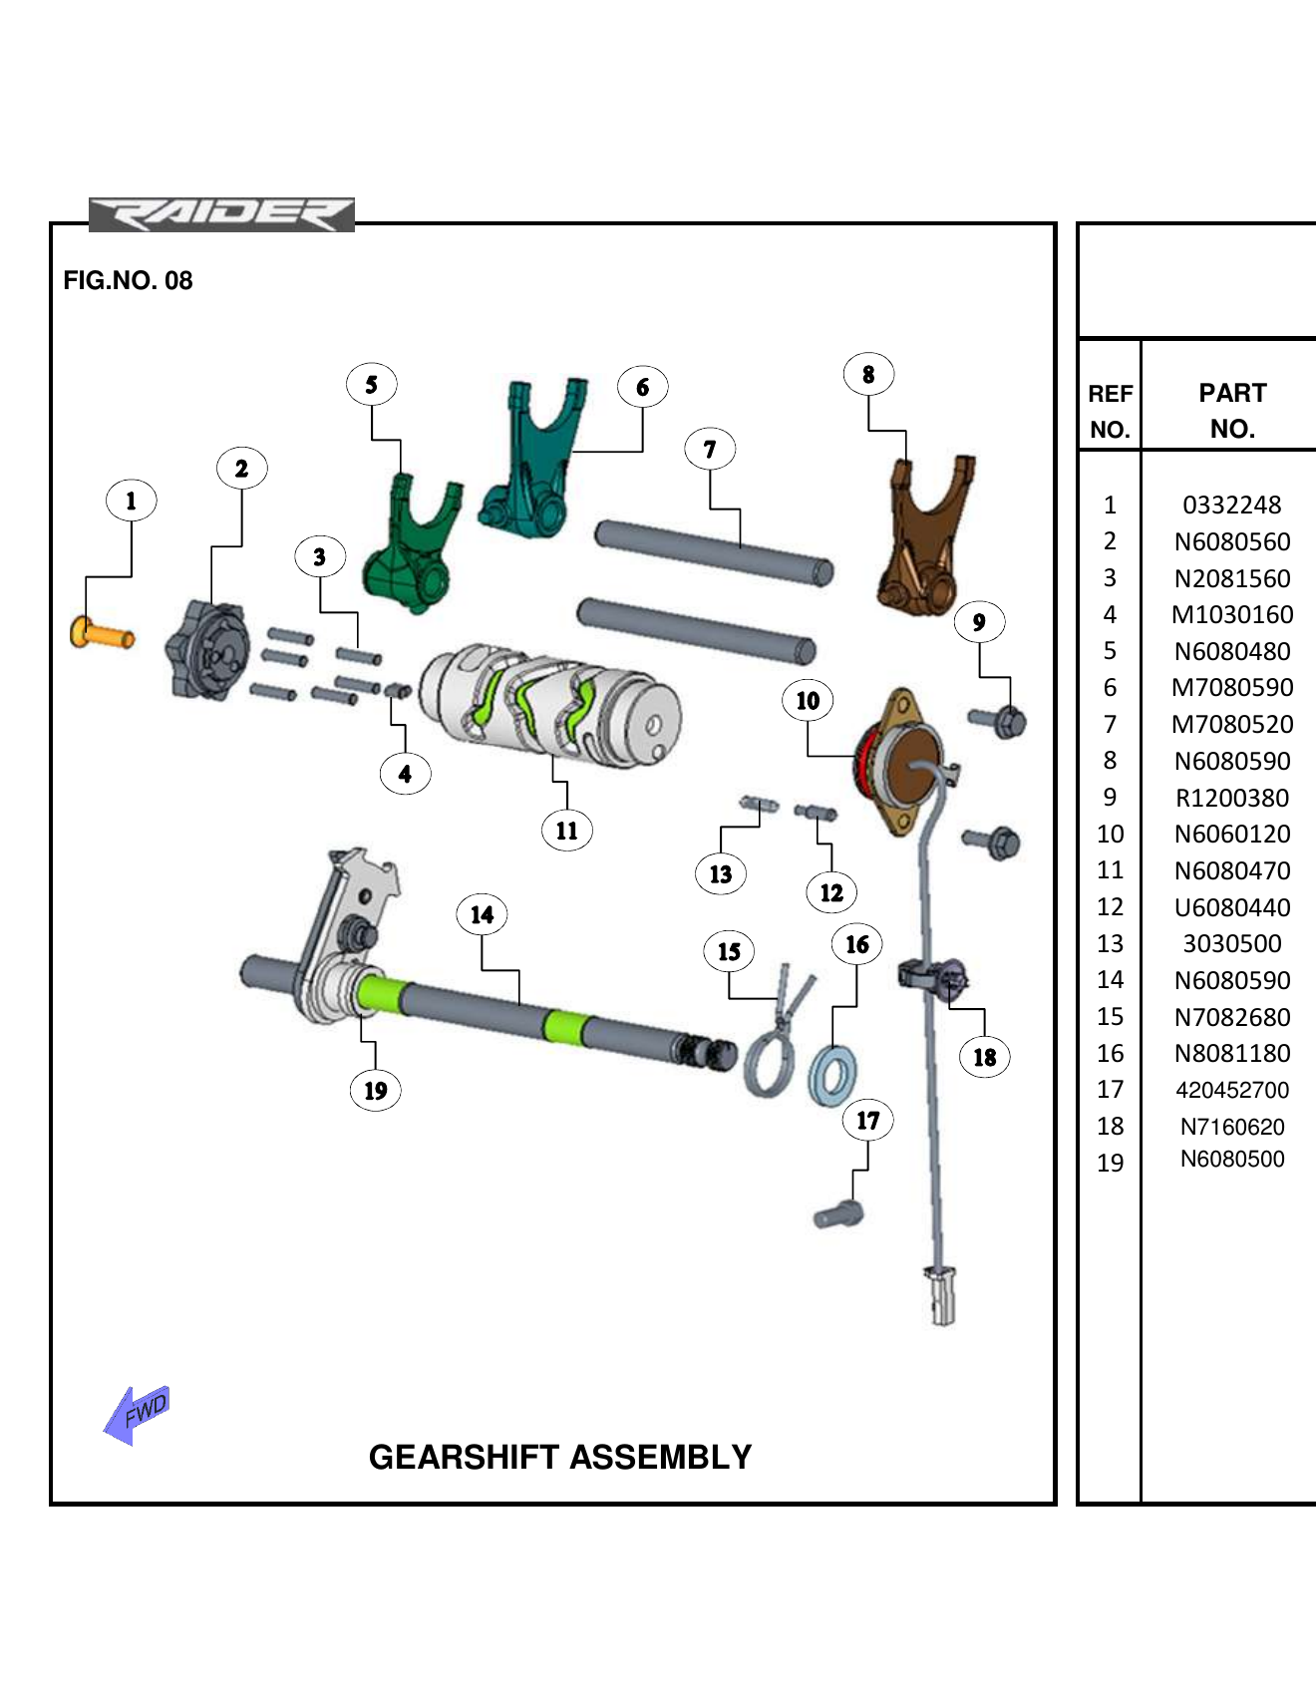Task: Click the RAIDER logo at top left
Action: pos(221,214)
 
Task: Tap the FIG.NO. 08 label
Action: pos(128,280)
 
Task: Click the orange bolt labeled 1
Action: pos(102,633)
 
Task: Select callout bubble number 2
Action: pos(241,469)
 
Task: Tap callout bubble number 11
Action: pos(566,831)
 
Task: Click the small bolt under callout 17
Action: pos(838,1215)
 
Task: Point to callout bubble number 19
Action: pos(375,1091)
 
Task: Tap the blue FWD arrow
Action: pos(137,1414)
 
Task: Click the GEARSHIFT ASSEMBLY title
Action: pos(560,1457)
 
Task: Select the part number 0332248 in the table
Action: pos(1231,506)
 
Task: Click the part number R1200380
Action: pos(1231,798)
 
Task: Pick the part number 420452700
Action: pos(1231,1090)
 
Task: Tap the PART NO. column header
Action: pos(1231,410)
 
